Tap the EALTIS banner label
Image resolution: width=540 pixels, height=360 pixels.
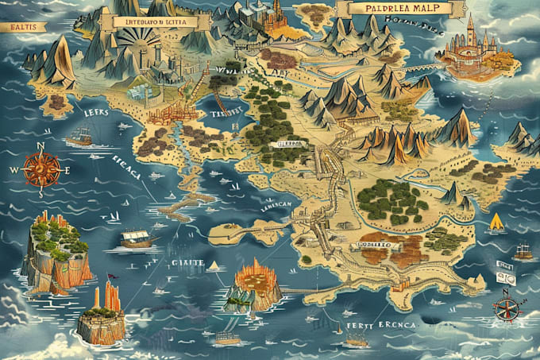[21, 27]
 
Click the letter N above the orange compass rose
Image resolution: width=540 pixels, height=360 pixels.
[39, 145]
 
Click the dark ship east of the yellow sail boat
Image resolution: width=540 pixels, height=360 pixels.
[523, 253]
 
